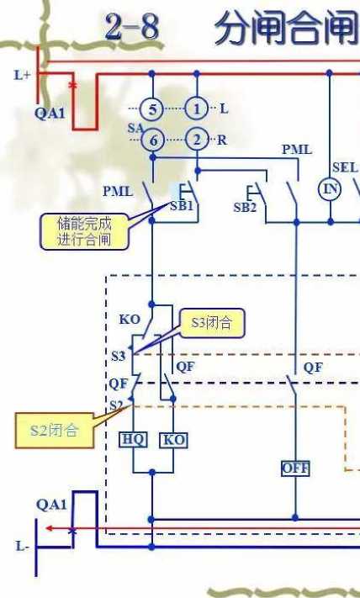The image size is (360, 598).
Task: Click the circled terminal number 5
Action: [x=152, y=109]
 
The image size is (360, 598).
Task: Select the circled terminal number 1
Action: [x=197, y=109]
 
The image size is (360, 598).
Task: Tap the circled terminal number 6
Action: [x=152, y=140]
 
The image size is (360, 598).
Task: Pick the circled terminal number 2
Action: [x=197, y=140]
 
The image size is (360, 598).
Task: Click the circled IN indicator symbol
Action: [x=330, y=188]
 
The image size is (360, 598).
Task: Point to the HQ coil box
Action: [x=133, y=440]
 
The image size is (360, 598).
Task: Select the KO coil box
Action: [x=173, y=440]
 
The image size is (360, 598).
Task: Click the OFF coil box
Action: [x=295, y=468]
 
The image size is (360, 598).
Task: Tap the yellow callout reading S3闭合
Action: [x=212, y=323]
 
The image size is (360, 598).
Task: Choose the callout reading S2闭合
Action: [x=55, y=430]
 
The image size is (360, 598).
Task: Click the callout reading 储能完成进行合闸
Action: [x=84, y=231]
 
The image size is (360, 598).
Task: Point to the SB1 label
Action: [x=182, y=206]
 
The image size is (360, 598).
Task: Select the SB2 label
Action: [x=245, y=208]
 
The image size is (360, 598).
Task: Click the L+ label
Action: [x=22, y=75]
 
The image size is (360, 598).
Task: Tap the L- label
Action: [x=23, y=546]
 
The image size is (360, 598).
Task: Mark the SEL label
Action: [x=345, y=167]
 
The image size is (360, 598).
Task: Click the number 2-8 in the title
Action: [x=132, y=27]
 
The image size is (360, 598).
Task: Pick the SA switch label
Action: [x=135, y=128]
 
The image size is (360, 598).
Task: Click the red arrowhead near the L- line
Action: [x=49, y=528]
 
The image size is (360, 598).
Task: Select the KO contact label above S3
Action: [x=130, y=320]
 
